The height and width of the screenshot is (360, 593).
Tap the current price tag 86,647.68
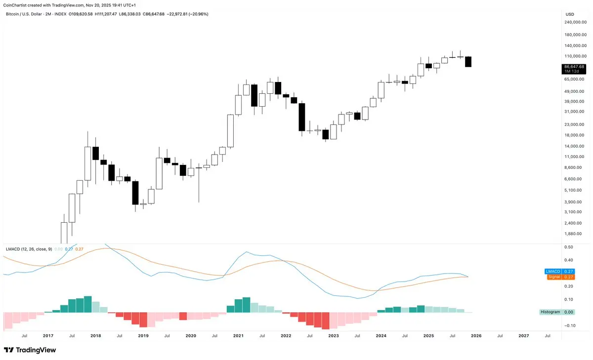[x=574, y=67]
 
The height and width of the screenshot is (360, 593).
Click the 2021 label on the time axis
[x=238, y=335]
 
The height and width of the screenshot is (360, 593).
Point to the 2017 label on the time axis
[x=48, y=335]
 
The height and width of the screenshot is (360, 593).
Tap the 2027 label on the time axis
[x=524, y=335]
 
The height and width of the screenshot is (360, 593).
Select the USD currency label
[x=569, y=14]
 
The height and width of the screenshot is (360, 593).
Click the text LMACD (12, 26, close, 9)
[x=28, y=249]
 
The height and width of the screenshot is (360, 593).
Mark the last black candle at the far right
[x=468, y=62]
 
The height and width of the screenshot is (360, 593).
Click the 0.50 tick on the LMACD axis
[x=568, y=247]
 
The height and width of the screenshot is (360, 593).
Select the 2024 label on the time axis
[x=381, y=335]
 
